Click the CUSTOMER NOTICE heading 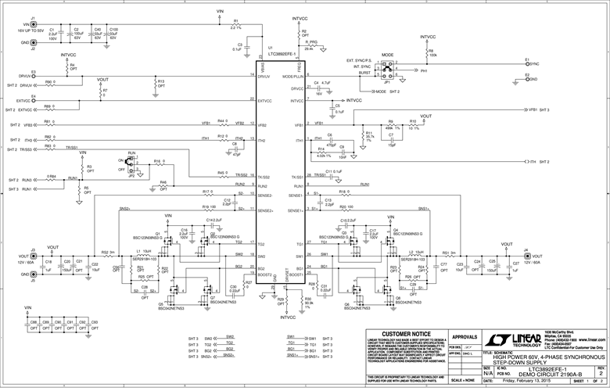[403, 332]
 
